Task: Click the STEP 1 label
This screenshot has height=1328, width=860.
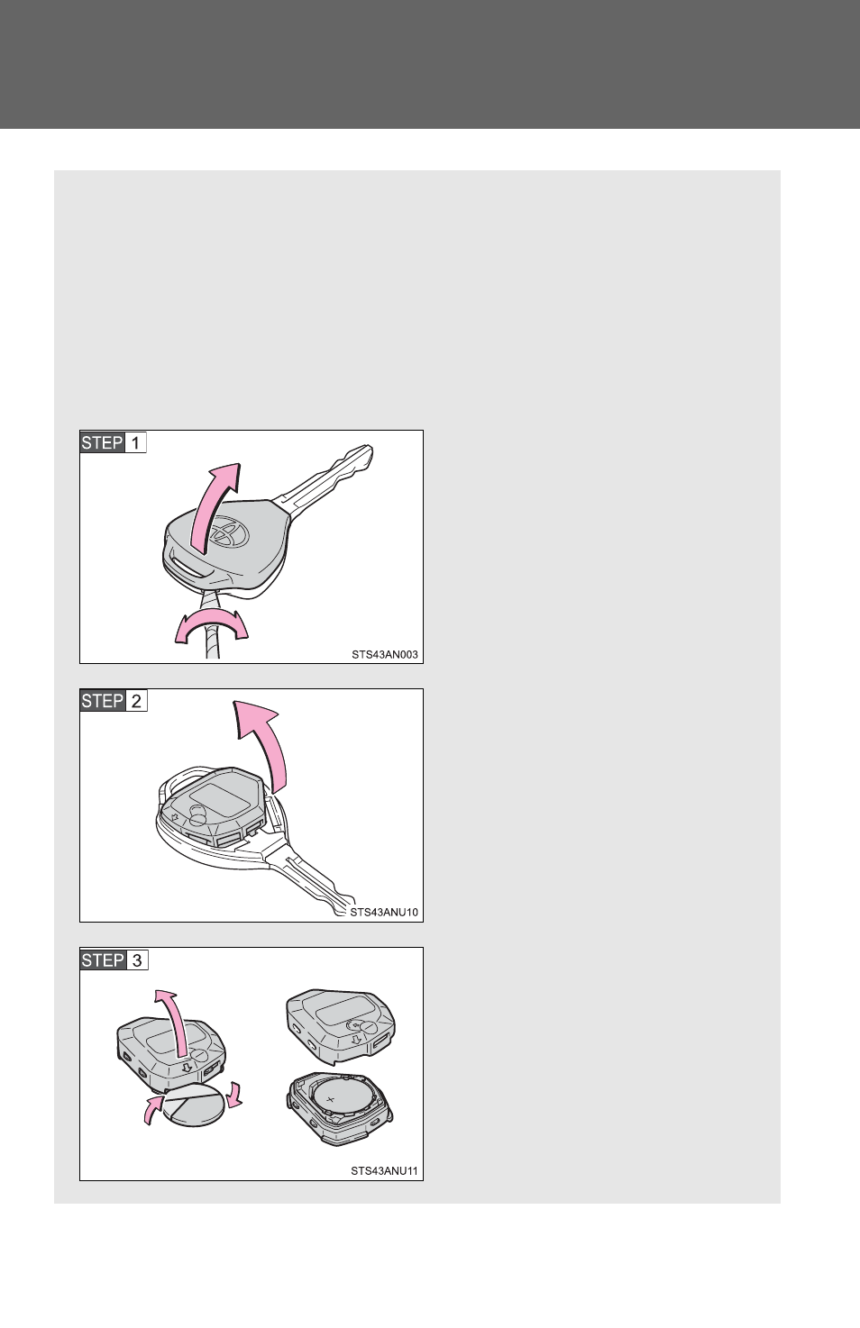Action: (x=113, y=442)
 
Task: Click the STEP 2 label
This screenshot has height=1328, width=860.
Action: (x=114, y=701)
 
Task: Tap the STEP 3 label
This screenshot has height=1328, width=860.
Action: (x=114, y=960)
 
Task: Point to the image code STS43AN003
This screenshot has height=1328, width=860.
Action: (x=384, y=654)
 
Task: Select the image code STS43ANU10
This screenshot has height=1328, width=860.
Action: (x=384, y=913)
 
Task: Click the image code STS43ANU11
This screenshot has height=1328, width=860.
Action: (x=384, y=1171)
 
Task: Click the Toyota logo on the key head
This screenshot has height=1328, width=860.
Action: (x=229, y=532)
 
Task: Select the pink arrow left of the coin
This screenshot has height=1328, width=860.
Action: (x=153, y=1109)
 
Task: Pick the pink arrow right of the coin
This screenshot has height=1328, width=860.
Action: (x=235, y=1095)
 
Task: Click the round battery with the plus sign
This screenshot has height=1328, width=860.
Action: (x=339, y=1098)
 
